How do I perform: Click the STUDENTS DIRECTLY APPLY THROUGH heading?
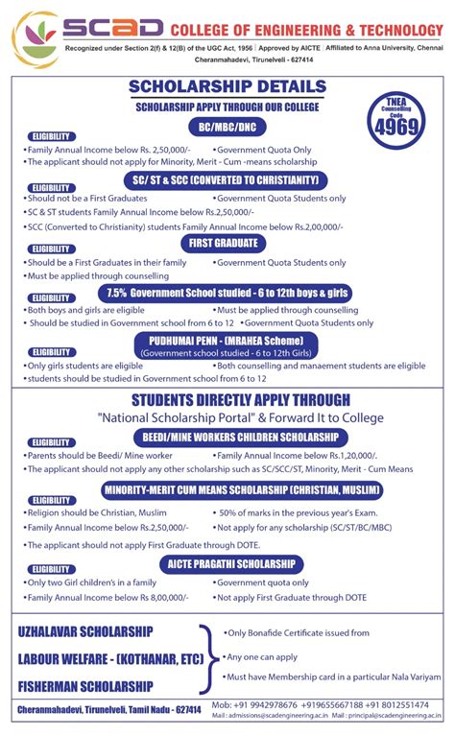click(227, 399)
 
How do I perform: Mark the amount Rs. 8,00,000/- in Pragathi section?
click(140, 596)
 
